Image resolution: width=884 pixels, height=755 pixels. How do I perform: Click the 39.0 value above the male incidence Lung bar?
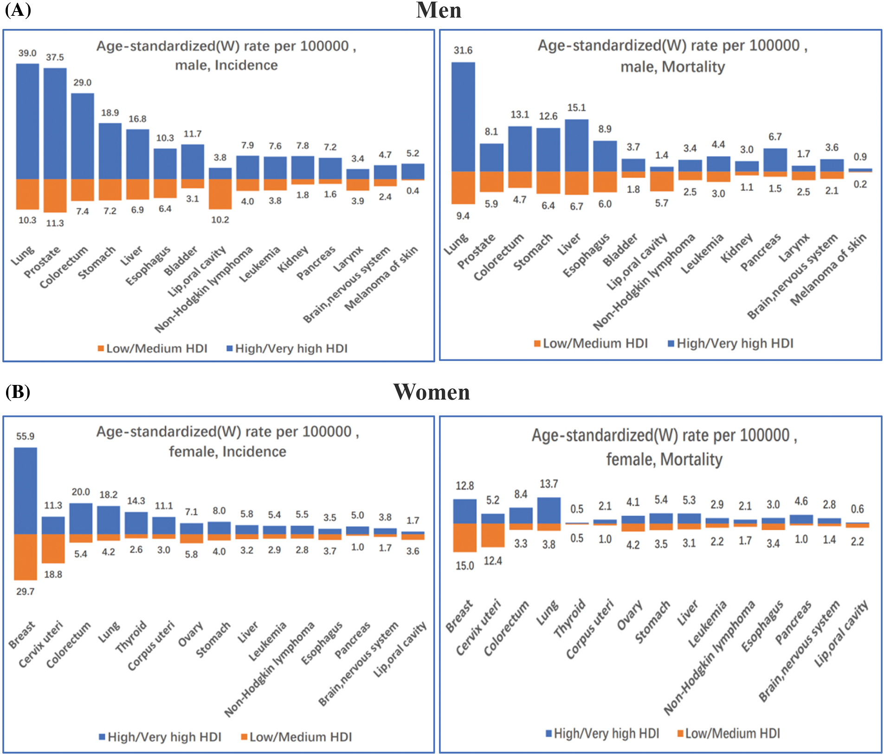27,53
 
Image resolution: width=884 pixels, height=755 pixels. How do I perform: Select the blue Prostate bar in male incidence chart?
55,124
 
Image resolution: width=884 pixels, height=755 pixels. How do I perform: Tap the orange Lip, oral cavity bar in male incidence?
220,194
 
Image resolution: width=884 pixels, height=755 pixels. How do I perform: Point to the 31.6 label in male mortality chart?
463,50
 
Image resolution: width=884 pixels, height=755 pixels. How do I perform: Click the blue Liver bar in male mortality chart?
576,145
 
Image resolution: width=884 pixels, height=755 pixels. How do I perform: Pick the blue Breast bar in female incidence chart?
26,491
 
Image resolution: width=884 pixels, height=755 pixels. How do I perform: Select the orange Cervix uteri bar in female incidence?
53,548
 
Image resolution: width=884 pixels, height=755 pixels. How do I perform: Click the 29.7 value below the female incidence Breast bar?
25,591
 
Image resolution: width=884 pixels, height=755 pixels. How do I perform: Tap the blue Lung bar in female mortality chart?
548,510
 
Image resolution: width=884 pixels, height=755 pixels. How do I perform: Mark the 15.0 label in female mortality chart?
465,566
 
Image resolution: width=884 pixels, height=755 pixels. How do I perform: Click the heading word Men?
439,10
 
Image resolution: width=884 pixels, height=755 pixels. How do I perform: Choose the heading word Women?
432,392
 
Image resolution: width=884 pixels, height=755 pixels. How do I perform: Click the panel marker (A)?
18,9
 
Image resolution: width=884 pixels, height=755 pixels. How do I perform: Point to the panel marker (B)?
18,392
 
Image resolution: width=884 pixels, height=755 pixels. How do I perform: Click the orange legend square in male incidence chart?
101,348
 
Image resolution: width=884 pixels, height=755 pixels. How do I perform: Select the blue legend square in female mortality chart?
548,733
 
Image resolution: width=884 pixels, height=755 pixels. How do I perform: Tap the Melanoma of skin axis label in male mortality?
829,269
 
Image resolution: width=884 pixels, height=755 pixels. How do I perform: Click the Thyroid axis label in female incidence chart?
131,637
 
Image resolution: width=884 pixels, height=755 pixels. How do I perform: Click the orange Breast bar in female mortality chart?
465,537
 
